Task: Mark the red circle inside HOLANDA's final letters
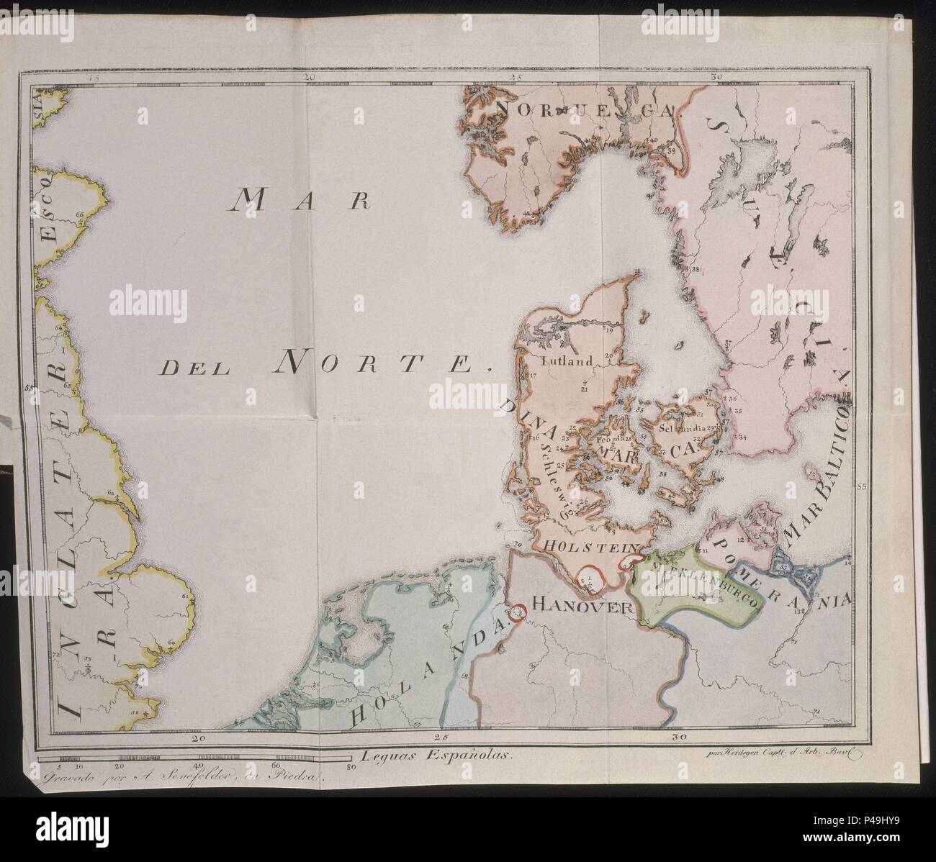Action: [x=516, y=612]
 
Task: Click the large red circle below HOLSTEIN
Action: [x=590, y=576]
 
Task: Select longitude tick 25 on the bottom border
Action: [x=441, y=737]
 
